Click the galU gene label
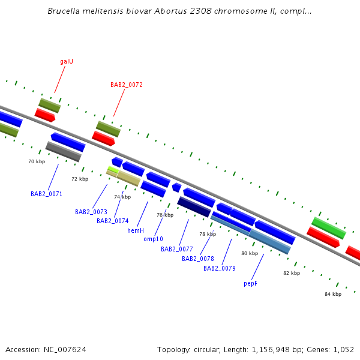pos(67,61)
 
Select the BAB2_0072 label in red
pos(127,85)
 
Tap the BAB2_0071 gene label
pos(47,194)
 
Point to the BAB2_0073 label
pos(91,212)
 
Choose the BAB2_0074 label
pos(113,221)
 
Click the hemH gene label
pos(136,230)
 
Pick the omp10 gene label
pos(153,239)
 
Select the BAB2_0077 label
pos(177,249)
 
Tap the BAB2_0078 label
pos(198,259)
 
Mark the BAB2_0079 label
pos(220,268)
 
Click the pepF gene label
pos(251,283)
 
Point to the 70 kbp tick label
pos(37,161)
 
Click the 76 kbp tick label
pos(165,215)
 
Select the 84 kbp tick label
pos(333,294)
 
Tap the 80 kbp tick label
pos(250,253)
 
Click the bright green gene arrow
pos(328,227)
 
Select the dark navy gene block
pos(194,206)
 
